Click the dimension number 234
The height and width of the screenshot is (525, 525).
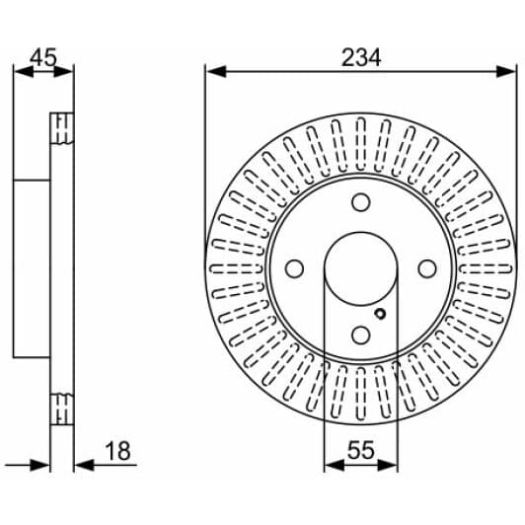pyautogui.click(x=361, y=57)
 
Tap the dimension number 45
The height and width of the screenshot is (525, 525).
pyautogui.click(x=43, y=57)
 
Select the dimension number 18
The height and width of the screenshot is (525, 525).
pyautogui.click(x=117, y=451)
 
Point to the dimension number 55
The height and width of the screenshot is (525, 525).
pyautogui.click(x=361, y=450)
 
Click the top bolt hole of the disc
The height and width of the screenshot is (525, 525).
pyautogui.click(x=361, y=202)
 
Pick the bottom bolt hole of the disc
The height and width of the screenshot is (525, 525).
pyautogui.click(x=361, y=335)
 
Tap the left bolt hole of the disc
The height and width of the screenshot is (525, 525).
pyautogui.click(x=295, y=268)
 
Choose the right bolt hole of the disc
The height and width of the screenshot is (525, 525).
pyautogui.click(x=427, y=268)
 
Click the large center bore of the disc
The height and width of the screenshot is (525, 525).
pyautogui.click(x=361, y=268)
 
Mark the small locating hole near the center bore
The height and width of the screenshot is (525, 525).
pyautogui.click(x=380, y=314)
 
